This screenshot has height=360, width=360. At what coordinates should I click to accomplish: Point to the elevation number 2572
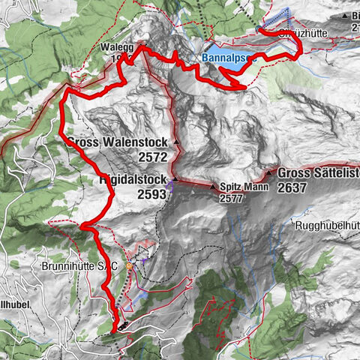coord(154,158)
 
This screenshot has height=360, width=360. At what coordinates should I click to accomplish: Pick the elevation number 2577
coord(232,199)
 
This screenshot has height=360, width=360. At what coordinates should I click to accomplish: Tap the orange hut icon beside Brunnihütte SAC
coord(129,265)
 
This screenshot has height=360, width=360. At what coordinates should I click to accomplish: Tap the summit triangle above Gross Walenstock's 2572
coord(175,142)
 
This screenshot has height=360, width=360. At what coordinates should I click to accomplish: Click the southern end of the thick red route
coord(115,329)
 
